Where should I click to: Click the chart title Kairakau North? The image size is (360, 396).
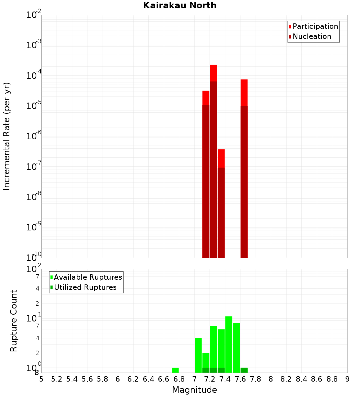coord(180,5)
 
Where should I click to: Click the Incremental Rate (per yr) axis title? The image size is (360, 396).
coord(6,136)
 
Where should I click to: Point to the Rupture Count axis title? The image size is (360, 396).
coord(14,321)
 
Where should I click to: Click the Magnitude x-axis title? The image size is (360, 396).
coord(194,390)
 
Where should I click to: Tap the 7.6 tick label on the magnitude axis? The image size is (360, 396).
coord(240,379)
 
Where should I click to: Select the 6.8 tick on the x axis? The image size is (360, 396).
coord(179,379)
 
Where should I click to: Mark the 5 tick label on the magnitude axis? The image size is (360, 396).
coord(41,379)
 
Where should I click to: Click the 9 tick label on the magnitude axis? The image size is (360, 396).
coord(347,379)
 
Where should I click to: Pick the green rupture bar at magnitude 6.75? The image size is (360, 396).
coord(175,370)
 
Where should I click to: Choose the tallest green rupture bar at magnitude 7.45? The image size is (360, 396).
coord(229,344)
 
